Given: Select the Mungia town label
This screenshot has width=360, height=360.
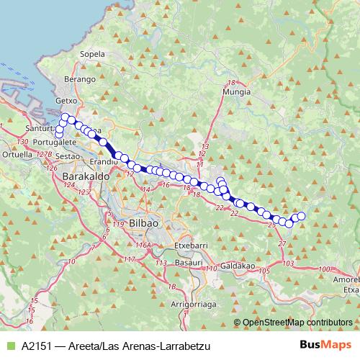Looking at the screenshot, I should pyautogui.click(x=237, y=92).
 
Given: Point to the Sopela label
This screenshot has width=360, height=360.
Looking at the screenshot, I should pyautogui.click(x=92, y=54).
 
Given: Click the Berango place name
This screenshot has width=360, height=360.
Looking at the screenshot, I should pyautogui.click(x=80, y=78).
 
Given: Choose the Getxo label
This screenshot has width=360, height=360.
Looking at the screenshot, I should pyautogui.click(x=67, y=102).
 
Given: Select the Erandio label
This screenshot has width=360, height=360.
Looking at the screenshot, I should pyautogui.click(x=104, y=163).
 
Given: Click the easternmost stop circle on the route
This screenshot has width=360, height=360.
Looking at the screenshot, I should pyautogui.click(x=302, y=216).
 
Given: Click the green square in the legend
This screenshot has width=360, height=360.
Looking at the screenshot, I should pyautogui.click(x=10, y=345).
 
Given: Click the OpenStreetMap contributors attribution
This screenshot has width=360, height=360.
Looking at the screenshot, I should pyautogui.click(x=297, y=323).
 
